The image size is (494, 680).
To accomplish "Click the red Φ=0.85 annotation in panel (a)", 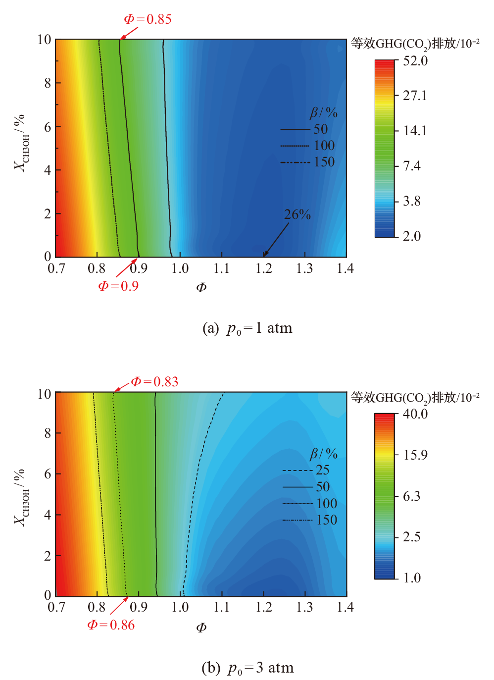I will [148, 19].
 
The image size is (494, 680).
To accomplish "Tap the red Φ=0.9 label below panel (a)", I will [118, 286].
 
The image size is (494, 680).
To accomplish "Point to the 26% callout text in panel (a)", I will [297, 214].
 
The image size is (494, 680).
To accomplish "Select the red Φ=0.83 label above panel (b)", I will [154, 382].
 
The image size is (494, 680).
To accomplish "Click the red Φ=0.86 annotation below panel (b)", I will [111, 625].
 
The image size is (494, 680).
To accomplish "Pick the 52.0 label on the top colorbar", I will [415, 61].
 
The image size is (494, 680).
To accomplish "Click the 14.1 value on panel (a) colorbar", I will [415, 131].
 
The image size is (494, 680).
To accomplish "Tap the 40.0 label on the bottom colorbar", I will [415, 414].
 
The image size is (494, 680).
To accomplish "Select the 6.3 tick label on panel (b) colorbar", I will [412, 496].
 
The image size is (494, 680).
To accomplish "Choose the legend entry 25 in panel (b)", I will [323, 470].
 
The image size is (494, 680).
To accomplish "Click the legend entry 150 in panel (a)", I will [324, 162].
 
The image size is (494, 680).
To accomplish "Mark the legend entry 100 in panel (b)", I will [327, 504].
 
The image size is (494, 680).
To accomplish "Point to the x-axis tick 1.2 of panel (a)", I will [264, 268].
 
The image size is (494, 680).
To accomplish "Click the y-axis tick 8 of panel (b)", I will [48, 433].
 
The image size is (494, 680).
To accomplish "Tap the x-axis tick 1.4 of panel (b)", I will [346, 607].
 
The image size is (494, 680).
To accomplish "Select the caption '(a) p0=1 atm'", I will [247, 328].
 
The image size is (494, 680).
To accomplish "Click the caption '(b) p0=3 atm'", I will [247, 668].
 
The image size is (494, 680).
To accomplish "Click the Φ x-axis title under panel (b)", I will [201, 628].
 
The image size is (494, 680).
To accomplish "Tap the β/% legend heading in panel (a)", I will [324, 113].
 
